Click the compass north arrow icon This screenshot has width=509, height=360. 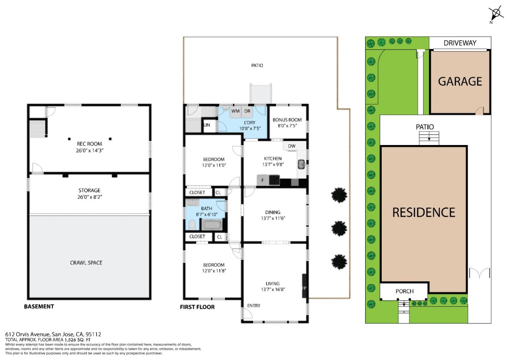coord(497,14)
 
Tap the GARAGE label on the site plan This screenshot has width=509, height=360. coord(460,82)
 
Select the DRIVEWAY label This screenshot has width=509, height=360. coord(460,43)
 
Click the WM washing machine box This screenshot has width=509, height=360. coord(235,111)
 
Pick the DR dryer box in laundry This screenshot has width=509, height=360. coord(247,111)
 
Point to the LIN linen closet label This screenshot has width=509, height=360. coord(207,125)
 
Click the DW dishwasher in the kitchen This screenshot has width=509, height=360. coord(292,146)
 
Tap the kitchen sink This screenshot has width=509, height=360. coord(302,164)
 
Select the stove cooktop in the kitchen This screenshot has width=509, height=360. coord(274,180)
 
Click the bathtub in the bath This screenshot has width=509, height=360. coord(211,224)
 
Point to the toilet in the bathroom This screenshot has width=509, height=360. coord(191,224)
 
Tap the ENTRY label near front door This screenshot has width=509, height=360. coord(254,306)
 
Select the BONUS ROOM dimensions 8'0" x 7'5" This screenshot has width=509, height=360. coord(287,126)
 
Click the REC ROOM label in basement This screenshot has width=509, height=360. coord(89,144)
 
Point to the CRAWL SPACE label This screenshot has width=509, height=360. coord(86,263)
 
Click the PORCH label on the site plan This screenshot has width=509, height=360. coord(404,291)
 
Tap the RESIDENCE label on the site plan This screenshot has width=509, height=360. coord(423,213)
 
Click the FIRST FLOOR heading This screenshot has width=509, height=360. coord(197,307)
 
